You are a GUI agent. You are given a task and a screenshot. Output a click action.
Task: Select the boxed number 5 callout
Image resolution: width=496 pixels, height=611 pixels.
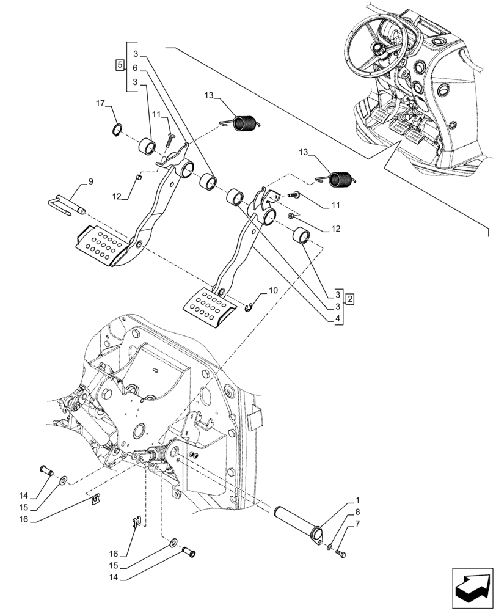pos(120,64)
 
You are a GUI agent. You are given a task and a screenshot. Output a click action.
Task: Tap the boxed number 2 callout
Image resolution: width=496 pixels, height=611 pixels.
pos(349,299)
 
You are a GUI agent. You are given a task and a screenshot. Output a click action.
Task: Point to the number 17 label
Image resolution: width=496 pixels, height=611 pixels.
pos(101,104)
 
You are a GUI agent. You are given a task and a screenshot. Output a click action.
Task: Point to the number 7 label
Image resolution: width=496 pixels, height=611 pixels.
pos(357,524)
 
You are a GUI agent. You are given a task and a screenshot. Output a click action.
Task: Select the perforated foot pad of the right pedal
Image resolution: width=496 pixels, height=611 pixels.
pos(209,307)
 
